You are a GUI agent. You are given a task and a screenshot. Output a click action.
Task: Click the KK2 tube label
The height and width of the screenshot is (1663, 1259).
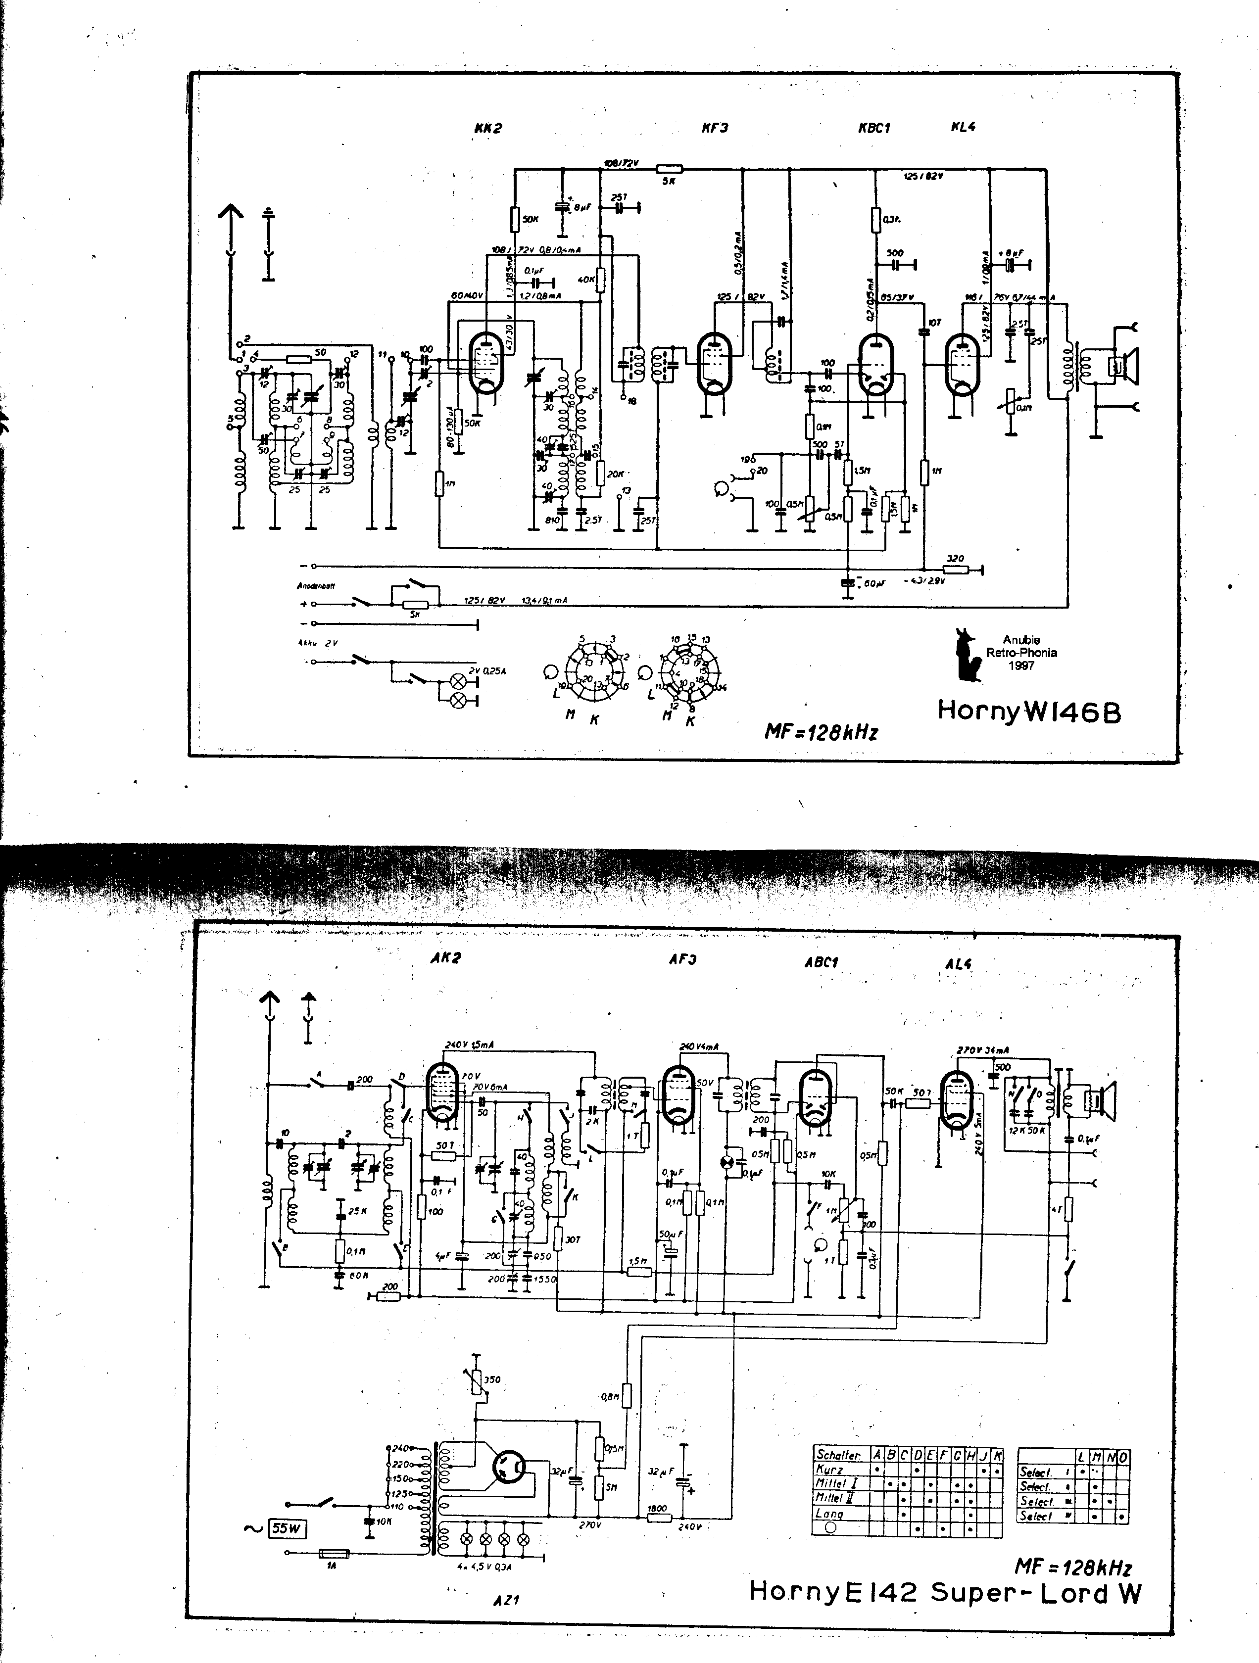(487, 129)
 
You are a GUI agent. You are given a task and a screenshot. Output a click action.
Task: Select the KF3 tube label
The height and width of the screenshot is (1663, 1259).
(715, 128)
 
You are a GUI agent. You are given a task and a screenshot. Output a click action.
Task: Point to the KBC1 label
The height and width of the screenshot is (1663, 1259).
(874, 128)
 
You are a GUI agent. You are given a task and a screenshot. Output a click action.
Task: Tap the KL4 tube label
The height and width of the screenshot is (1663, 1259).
(963, 127)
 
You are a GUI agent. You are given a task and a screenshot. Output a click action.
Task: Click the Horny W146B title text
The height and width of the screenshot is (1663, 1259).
(1029, 711)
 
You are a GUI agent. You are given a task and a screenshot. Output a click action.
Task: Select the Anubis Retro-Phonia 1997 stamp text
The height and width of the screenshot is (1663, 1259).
(1021, 653)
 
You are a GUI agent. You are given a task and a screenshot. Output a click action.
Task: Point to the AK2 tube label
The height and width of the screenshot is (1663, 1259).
(445, 958)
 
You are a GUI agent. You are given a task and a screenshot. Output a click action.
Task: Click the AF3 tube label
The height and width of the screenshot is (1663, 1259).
(682, 959)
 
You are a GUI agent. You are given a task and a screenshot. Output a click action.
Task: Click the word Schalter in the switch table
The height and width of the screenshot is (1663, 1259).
(838, 1455)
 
